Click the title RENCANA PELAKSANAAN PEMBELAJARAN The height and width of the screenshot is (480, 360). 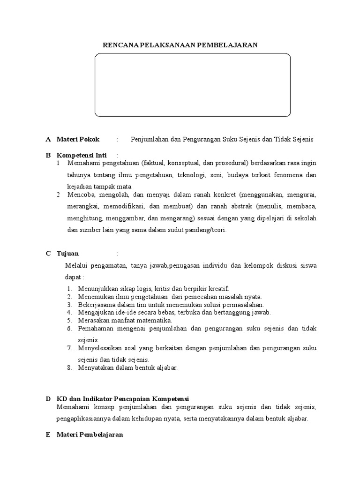coord(180,45)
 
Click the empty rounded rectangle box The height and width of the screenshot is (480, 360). coord(193,85)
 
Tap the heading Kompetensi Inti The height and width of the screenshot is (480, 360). coord(82,155)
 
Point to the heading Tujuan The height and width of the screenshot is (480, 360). coord(68,254)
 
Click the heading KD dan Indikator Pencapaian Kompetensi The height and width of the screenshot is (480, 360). coord(122,398)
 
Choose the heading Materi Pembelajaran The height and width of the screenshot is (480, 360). coord(90,435)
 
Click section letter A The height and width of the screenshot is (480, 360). coord(48,140)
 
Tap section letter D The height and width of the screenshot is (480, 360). coord(48,398)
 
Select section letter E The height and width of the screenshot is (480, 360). coord(48,435)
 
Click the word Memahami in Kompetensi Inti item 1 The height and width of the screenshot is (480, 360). coord(82,163)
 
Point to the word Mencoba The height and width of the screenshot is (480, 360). coord(80,194)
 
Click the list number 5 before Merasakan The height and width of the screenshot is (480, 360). coord(68,320)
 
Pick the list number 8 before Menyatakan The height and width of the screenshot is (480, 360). coord(68,367)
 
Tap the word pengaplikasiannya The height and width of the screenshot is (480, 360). coord(84,419)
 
